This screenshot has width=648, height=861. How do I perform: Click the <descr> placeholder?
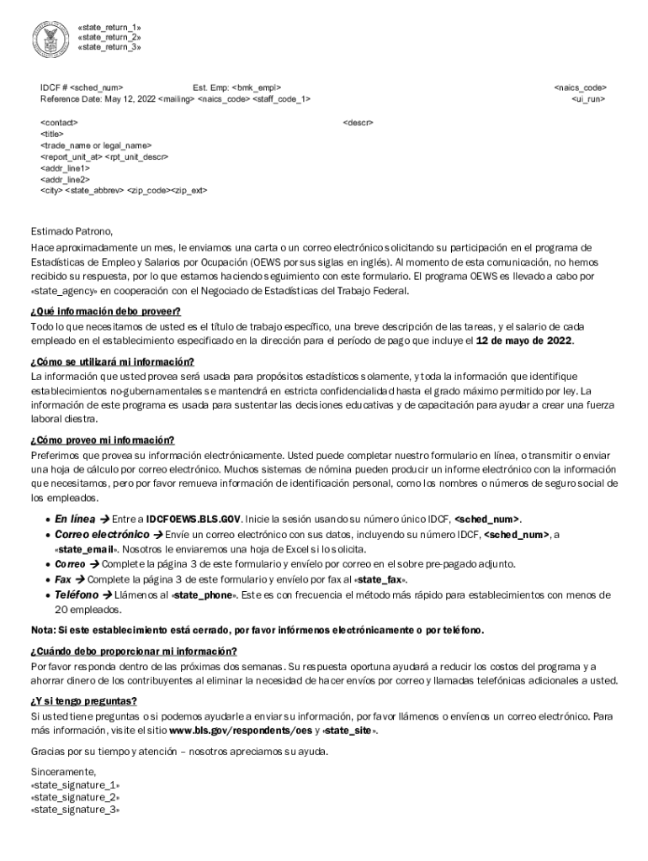[358, 123]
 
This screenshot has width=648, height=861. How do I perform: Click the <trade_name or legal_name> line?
[90, 145]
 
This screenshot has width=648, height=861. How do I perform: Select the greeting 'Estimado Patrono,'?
[72, 231]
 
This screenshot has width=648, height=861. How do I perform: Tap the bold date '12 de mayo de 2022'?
[523, 341]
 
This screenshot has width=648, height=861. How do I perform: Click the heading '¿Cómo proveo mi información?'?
[103, 441]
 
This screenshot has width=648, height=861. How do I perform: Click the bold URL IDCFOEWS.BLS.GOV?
[194, 519]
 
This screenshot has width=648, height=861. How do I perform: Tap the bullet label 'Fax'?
[63, 579]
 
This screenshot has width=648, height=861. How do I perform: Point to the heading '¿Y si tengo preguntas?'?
[84, 701]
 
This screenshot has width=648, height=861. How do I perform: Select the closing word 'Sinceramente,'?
[64, 772]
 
